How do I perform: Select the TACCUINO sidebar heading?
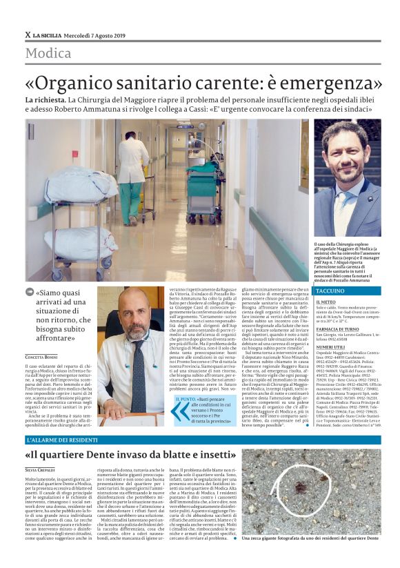point(330,291)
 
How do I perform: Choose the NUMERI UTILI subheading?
point(330,347)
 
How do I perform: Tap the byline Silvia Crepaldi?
point(41,469)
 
